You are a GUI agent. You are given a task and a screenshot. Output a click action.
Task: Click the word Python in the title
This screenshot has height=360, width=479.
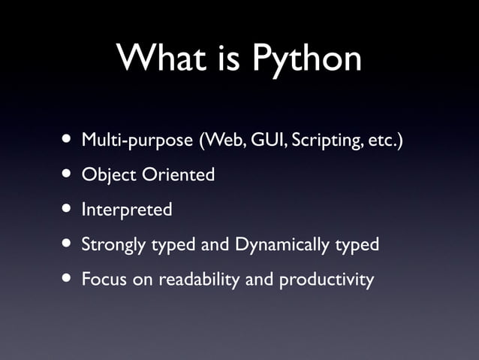(306, 59)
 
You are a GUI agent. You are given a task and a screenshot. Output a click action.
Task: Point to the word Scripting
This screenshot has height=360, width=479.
(324, 141)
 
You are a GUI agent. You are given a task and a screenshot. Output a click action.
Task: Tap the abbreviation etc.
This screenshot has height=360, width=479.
(381, 141)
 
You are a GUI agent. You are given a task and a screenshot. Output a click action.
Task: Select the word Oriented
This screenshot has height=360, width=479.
(179, 175)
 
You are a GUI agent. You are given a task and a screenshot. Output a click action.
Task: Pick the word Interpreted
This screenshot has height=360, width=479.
(126, 210)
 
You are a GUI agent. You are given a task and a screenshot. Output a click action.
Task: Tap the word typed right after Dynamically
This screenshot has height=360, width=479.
(357, 246)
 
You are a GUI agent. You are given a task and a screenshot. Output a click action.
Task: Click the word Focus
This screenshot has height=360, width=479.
(103, 280)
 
